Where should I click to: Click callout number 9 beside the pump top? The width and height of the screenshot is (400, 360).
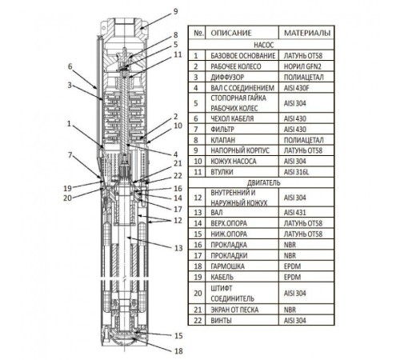point(175,11)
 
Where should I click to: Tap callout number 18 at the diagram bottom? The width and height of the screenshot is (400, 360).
point(178,351)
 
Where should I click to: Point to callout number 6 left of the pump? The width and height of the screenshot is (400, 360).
point(70,66)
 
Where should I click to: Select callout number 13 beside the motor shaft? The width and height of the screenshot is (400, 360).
point(178,248)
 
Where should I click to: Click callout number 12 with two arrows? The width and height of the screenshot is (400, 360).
point(178,221)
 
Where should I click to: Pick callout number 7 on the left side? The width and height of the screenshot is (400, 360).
point(70,154)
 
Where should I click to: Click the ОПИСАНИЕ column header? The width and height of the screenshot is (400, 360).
point(231,33)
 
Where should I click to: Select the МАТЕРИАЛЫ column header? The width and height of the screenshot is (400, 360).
point(307,33)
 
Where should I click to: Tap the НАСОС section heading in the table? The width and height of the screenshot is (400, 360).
point(264,45)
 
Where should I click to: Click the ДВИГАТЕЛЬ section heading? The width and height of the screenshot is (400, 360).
point(264,183)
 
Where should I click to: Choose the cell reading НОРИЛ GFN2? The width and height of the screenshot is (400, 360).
point(302,66)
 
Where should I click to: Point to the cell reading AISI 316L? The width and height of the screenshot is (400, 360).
point(296,172)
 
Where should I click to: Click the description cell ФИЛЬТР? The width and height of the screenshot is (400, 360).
point(222,130)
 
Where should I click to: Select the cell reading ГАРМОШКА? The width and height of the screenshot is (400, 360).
point(227,266)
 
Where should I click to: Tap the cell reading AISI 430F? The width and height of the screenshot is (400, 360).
point(296,88)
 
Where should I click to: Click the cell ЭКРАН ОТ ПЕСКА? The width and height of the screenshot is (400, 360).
point(234,310)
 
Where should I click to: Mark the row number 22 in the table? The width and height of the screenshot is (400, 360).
point(198,320)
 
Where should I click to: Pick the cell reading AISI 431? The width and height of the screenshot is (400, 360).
point(294,213)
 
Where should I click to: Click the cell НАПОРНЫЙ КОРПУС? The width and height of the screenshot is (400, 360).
point(240,150)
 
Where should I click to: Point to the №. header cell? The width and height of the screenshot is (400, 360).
point(199,33)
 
